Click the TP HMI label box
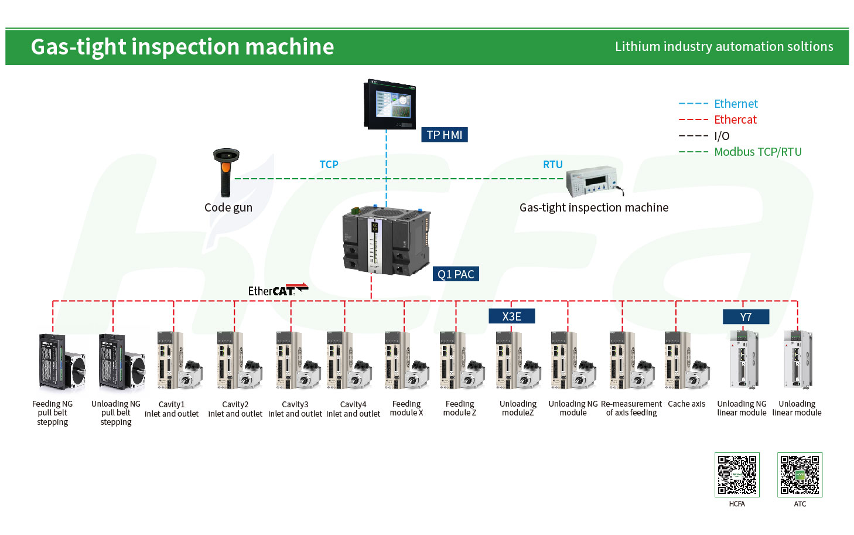click(444, 135)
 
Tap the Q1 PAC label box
click(456, 274)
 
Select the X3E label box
click(511, 316)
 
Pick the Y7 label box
click(746, 317)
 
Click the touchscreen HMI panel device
click(390, 104)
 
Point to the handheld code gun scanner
click(226, 172)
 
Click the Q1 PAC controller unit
click(387, 240)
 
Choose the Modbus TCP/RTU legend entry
click(740, 152)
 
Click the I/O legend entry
click(704, 136)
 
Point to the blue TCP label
click(329, 164)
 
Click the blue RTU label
click(553, 164)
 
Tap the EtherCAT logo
click(278, 290)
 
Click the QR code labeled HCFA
click(737, 475)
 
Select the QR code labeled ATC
click(800, 475)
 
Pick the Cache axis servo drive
click(687, 360)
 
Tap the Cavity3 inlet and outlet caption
click(295, 409)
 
